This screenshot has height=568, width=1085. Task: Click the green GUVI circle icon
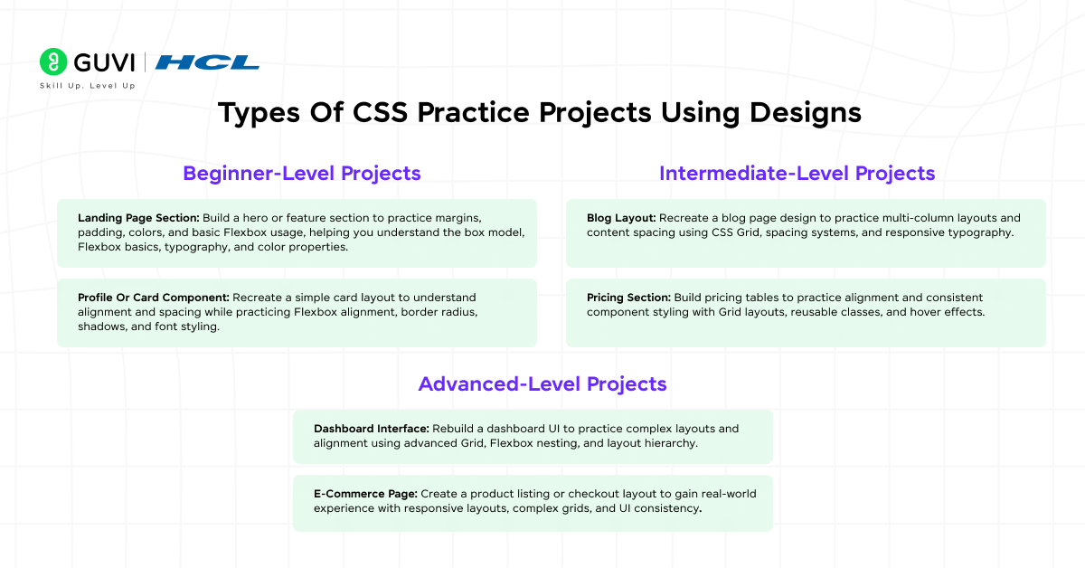click(x=53, y=62)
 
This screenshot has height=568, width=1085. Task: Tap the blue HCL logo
click(x=207, y=62)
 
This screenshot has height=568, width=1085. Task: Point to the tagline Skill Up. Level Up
click(x=87, y=86)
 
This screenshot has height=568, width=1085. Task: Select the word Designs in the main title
click(x=806, y=113)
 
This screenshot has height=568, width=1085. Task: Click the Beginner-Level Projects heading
click(x=302, y=173)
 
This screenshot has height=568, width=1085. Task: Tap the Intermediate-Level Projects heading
click(x=797, y=173)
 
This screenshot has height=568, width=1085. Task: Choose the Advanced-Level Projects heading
click(x=542, y=383)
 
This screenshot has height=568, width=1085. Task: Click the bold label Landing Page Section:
click(x=137, y=218)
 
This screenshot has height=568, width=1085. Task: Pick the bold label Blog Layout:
click(x=621, y=218)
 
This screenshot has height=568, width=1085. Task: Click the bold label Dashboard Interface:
click(x=371, y=428)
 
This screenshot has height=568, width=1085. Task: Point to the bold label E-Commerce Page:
click(x=364, y=494)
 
